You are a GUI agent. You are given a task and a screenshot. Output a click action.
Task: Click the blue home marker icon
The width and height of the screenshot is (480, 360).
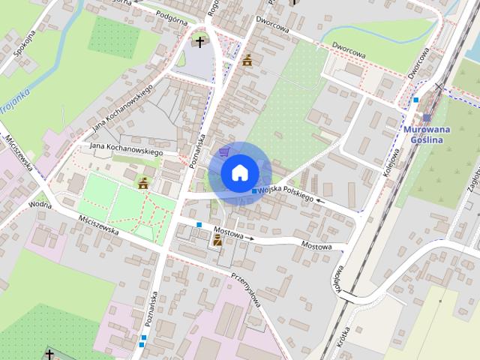pos(239,173)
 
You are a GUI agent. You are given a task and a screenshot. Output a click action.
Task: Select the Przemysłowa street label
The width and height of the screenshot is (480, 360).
pos(245,289)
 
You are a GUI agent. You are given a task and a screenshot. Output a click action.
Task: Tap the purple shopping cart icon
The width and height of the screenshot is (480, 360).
pos(223,152)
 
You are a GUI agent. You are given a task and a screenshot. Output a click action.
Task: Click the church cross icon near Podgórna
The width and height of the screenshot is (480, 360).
pos(199,41)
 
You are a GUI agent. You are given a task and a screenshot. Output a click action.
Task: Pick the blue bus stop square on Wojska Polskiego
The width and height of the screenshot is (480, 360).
pos(254,193)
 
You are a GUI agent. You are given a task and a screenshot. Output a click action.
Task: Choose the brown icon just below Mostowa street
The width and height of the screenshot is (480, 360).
pos(217,240)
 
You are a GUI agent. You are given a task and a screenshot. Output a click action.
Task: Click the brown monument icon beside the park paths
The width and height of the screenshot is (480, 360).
pos(142,182)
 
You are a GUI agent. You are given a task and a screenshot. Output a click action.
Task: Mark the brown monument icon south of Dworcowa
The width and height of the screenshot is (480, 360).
pos(247,59)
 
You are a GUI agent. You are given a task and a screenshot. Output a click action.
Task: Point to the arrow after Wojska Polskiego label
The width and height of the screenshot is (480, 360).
pos(320,200)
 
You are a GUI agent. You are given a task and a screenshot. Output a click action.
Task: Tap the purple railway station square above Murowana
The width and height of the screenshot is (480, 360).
pos(427,118)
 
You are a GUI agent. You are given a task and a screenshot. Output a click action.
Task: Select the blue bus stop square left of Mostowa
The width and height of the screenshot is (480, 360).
pos(199,224)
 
